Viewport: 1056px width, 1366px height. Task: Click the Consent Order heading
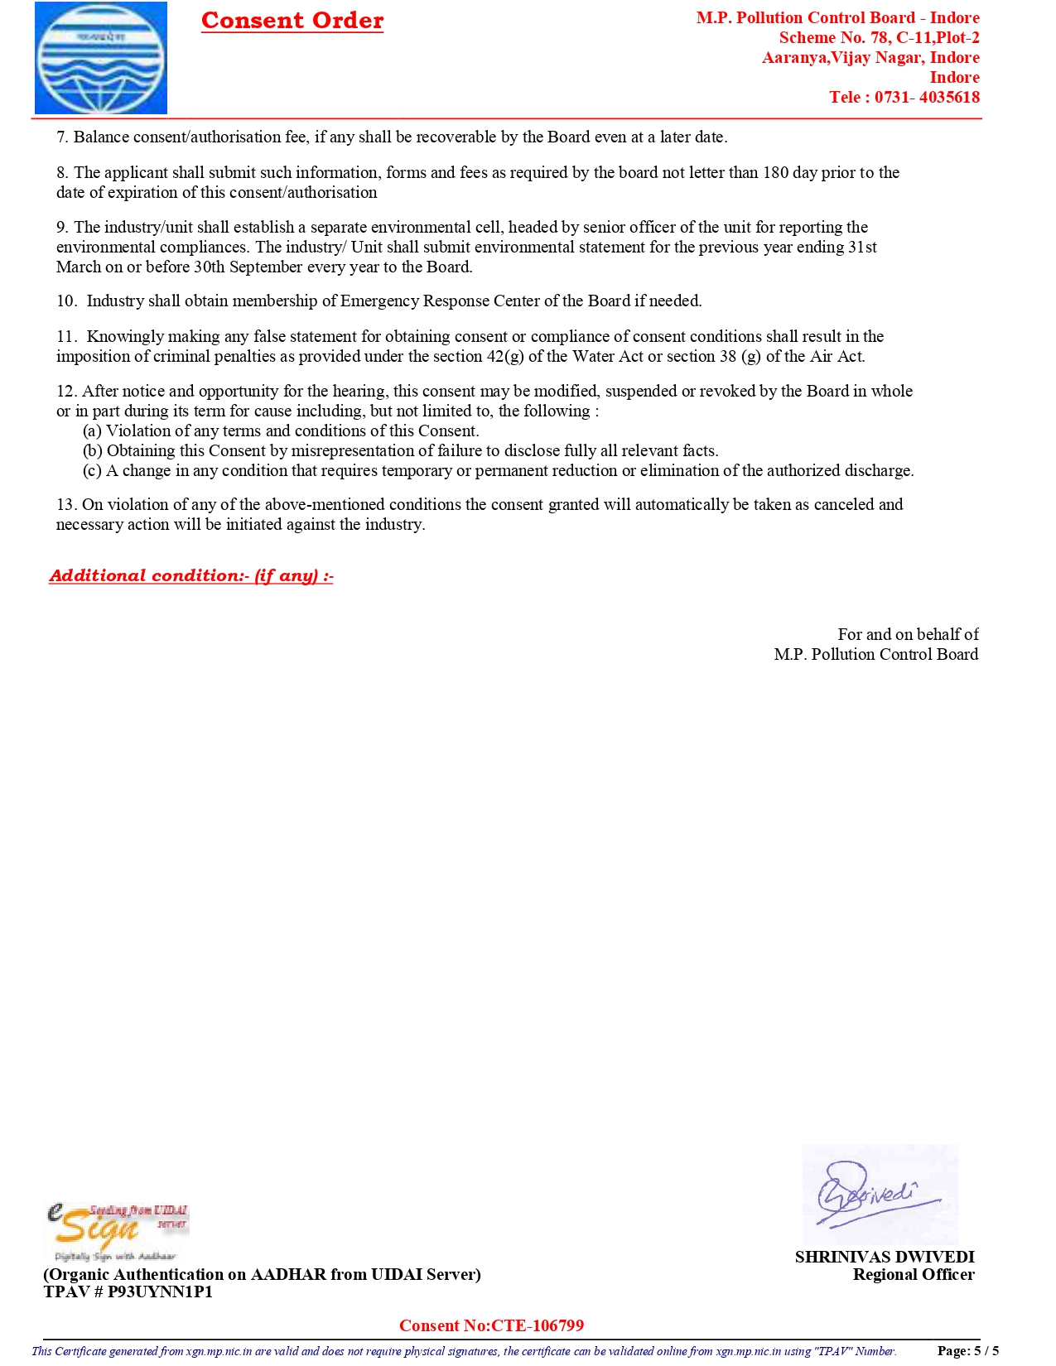pos(292,21)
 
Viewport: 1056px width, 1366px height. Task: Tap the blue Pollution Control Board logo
pos(101,58)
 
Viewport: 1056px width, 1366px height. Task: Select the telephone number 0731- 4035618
pos(927,97)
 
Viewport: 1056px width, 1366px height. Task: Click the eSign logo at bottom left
pos(117,1231)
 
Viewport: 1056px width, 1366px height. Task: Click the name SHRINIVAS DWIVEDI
pos(885,1257)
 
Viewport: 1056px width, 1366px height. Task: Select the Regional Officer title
pos(914,1274)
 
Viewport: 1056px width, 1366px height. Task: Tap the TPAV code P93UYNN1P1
pos(160,1291)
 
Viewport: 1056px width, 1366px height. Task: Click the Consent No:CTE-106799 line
pos(491,1325)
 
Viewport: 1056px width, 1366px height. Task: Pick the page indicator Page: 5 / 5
pos(967,1350)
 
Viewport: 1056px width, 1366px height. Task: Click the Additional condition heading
pos(191,575)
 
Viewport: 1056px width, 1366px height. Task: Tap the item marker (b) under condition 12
pos(93,450)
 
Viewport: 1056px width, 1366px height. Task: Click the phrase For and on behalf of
pos(908,634)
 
